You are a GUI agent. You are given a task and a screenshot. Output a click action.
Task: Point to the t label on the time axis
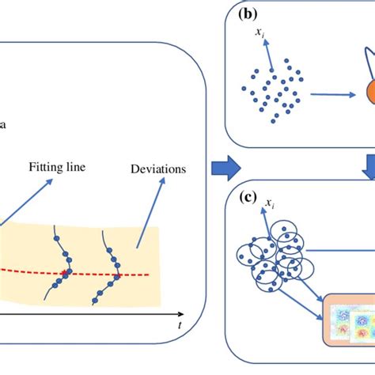(x=180, y=325)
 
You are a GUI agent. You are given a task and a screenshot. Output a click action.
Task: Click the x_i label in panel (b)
(x=259, y=32)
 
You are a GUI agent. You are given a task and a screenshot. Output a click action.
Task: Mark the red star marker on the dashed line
(x=65, y=275)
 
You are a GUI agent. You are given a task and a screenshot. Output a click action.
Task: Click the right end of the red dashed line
(x=149, y=275)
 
